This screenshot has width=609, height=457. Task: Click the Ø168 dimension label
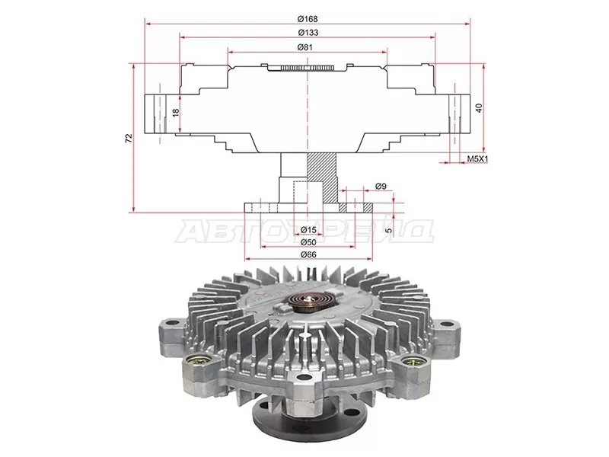[x=308, y=18]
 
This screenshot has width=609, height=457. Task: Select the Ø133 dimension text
[x=308, y=33]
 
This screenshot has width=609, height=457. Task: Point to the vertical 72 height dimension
[x=129, y=138]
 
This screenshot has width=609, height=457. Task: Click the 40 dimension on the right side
[x=479, y=108]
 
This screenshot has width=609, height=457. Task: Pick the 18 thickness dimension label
[x=176, y=113]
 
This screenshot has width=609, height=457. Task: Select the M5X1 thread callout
[x=477, y=158]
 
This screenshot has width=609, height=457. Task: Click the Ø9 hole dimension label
[x=381, y=187]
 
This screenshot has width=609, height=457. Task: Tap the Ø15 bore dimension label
[x=308, y=230]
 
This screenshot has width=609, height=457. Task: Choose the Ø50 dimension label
[x=308, y=242]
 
